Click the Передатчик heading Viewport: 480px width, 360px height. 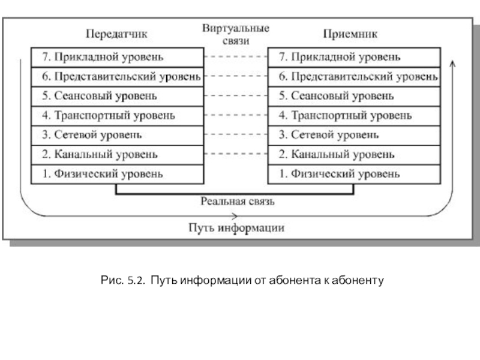click(x=116, y=34)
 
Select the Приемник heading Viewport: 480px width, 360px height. click(x=350, y=34)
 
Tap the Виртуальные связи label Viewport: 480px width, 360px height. click(x=236, y=34)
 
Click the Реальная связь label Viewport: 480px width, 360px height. click(x=238, y=202)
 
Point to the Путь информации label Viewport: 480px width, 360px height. click(x=236, y=228)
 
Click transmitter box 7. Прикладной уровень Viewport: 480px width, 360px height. click(x=118, y=57)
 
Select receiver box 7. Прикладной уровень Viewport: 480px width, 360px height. click(x=354, y=57)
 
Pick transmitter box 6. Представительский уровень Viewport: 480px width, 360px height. click(x=118, y=77)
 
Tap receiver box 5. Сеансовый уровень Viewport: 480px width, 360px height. click(x=354, y=97)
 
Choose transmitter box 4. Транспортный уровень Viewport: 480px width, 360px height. click(x=118, y=116)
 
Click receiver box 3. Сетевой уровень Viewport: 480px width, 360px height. click(x=354, y=136)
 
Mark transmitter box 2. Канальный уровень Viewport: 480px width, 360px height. click(x=118, y=155)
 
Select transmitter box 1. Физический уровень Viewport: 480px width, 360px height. click(x=118, y=174)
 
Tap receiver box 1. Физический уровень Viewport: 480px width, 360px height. click(x=354, y=174)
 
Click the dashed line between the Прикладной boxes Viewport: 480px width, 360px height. click(x=236, y=56)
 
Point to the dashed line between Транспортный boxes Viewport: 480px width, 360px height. click(x=236, y=115)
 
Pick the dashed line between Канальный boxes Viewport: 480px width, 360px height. click(x=236, y=154)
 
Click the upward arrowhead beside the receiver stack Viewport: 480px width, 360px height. click(x=453, y=64)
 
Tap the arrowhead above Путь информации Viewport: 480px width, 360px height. click(x=235, y=216)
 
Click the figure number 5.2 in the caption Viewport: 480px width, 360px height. click(x=136, y=280)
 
